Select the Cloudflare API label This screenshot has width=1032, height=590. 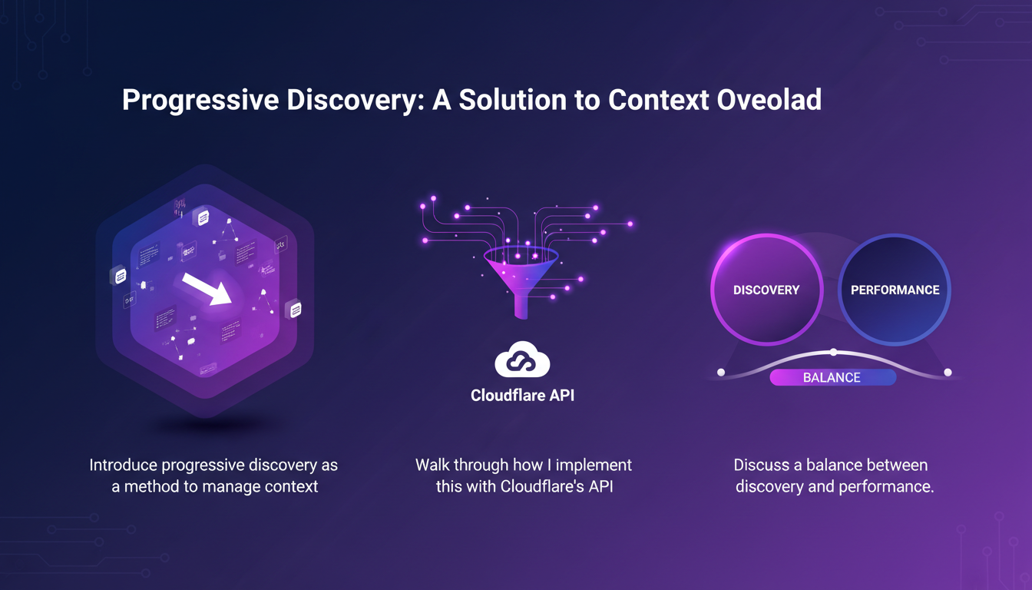(x=522, y=396)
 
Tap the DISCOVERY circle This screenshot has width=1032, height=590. (x=766, y=290)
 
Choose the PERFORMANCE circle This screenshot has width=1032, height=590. (x=895, y=290)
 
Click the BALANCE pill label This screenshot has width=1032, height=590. (x=832, y=377)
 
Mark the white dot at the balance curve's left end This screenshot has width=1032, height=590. (x=721, y=373)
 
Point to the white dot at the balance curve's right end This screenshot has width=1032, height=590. (x=948, y=373)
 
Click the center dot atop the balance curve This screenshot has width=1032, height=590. (x=834, y=353)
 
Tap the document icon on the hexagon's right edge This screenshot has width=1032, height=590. (x=293, y=310)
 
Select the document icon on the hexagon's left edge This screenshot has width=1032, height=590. (x=119, y=275)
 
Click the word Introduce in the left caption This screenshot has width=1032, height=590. (x=124, y=466)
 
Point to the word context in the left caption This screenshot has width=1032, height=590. (x=290, y=486)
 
